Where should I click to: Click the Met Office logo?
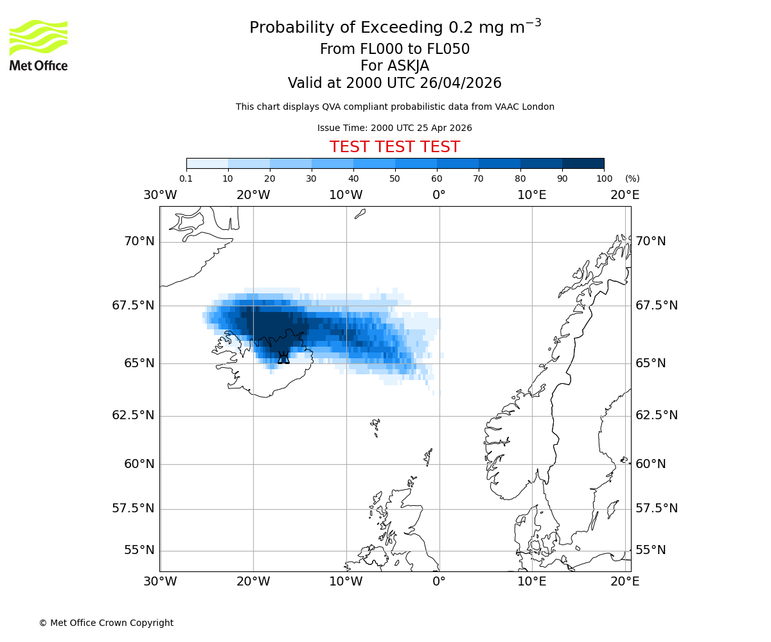coord(39,45)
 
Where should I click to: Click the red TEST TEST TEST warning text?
coord(394,147)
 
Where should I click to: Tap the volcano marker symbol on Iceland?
coord(283,357)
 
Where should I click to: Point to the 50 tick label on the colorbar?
coord(394,178)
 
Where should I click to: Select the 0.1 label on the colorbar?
coord(186,178)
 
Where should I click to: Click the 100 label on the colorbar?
coord(604,178)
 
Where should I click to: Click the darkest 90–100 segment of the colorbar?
coord(583,163)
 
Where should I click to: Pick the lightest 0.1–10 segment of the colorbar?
coord(207,163)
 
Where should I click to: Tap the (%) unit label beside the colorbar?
coord(632,178)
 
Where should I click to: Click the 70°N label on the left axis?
coord(139,241)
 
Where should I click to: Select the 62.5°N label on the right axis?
coord(657,415)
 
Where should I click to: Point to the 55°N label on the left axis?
coord(139,550)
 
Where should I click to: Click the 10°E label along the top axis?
coord(532,195)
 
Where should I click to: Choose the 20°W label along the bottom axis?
coord(253,582)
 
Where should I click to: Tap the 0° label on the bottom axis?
coord(439,582)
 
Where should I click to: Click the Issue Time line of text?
coord(394,128)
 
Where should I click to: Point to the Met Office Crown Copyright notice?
coord(106,623)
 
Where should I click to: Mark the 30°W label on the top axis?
coord(160,195)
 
